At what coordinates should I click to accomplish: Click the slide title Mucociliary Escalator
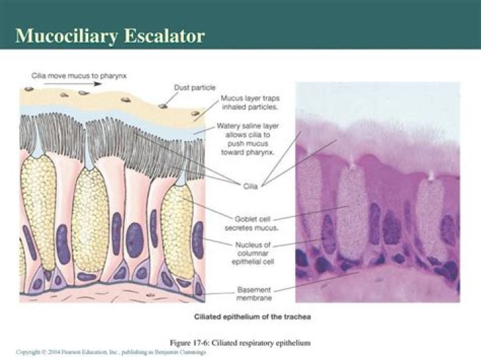click(x=110, y=36)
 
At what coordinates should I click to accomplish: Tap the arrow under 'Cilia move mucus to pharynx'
click(x=72, y=83)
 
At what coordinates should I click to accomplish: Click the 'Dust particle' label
click(x=194, y=87)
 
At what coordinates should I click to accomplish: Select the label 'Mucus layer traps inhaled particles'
click(x=251, y=103)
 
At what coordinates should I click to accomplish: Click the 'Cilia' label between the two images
click(x=251, y=186)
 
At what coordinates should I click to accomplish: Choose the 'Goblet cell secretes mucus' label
click(x=252, y=224)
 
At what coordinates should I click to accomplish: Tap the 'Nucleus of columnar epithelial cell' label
click(x=253, y=253)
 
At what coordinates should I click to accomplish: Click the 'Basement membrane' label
click(x=254, y=294)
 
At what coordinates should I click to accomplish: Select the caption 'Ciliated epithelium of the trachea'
click(x=252, y=317)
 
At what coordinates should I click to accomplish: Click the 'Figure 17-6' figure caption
click(x=240, y=343)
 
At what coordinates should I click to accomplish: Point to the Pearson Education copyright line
click(x=111, y=352)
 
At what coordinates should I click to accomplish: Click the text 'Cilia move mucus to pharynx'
click(x=79, y=75)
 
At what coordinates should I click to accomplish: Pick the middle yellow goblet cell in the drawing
click(x=90, y=219)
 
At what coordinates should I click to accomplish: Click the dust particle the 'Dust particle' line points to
click(x=162, y=106)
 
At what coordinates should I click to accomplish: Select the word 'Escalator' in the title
click(x=164, y=35)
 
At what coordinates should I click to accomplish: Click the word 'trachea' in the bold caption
click(x=297, y=317)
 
